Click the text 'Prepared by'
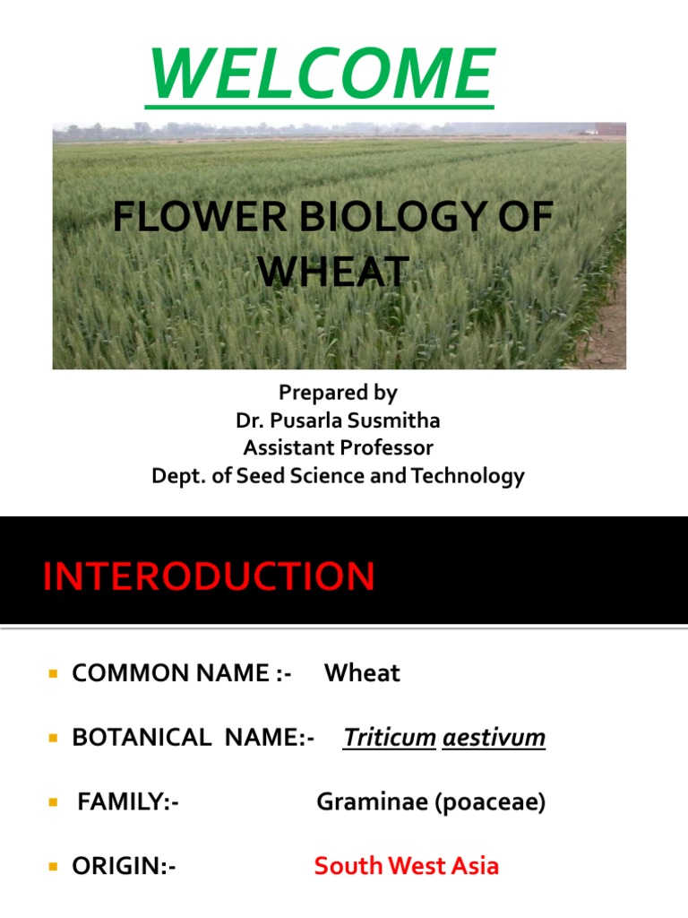click(338, 393)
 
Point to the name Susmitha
click(391, 420)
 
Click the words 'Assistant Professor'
click(338, 448)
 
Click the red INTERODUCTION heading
click(209, 576)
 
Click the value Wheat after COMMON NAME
click(362, 673)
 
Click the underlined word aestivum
click(494, 738)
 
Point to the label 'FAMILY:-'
click(128, 802)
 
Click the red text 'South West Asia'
click(406, 866)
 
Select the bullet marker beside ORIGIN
click(54, 867)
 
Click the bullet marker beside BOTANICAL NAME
click(54, 739)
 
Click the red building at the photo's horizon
click(610, 129)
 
